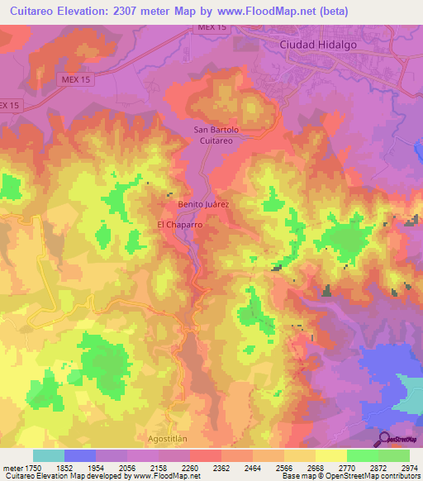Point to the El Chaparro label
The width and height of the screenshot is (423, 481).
[x=180, y=224]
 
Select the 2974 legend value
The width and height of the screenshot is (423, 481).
[x=409, y=468]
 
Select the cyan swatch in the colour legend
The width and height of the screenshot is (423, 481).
[x=49, y=455]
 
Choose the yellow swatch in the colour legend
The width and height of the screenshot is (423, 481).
[x=331, y=455]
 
